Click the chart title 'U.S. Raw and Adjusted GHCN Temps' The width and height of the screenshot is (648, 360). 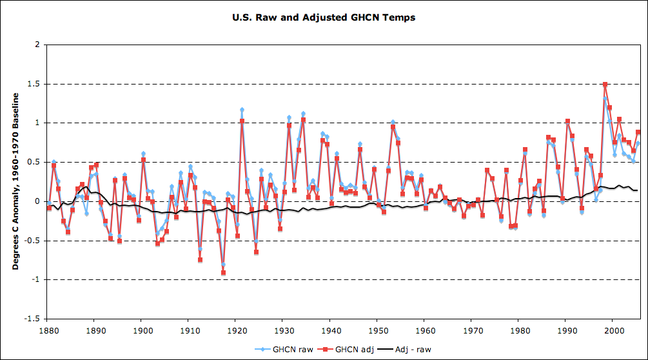[324, 17]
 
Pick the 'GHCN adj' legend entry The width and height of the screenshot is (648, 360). [340, 349]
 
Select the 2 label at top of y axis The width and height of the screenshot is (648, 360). [37, 45]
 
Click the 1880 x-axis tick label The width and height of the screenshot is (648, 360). [47, 330]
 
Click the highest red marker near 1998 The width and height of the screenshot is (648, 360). [605, 85]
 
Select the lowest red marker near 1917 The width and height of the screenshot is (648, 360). [223, 273]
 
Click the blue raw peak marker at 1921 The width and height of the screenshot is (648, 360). [242, 110]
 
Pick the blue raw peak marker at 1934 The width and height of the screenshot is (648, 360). [303, 114]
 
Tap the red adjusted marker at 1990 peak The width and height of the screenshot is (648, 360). [567, 121]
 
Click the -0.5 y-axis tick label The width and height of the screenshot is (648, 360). [32, 241]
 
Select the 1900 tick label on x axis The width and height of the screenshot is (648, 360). [141, 330]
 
